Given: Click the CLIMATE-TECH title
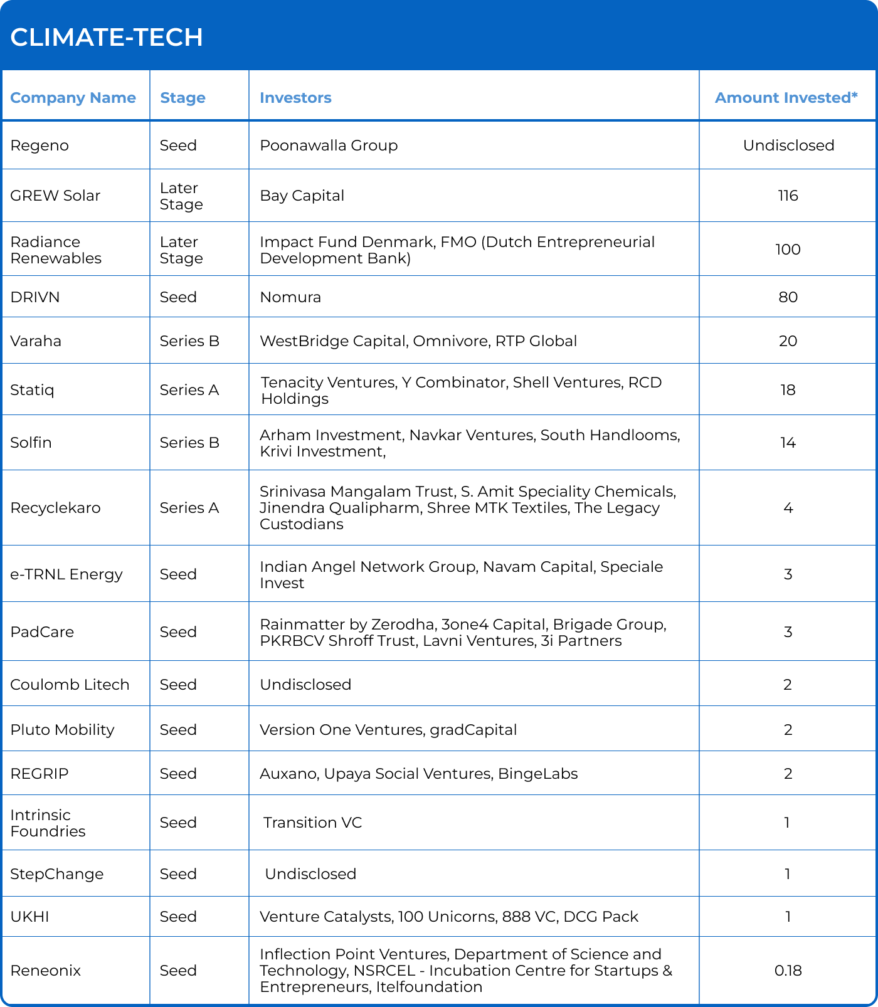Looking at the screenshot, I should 107,38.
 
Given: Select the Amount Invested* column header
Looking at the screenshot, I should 786,98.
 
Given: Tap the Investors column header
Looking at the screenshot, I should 295,98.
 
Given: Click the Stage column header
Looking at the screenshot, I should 182,98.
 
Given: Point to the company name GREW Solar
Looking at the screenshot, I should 55,196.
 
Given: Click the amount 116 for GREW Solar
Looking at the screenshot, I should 788,196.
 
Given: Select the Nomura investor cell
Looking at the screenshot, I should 290,297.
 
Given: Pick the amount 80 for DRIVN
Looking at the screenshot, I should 788,297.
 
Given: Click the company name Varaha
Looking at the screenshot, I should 36,341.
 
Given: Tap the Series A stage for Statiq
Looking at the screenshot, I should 189,390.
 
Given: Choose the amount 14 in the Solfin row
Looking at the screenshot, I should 788,443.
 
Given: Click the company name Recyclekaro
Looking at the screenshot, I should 55,508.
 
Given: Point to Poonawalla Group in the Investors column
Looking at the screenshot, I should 329,145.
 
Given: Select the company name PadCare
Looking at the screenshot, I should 42,632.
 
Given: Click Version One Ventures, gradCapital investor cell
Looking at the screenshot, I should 388,730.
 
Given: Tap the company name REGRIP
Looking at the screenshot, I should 40,774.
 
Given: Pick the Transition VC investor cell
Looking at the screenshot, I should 312,823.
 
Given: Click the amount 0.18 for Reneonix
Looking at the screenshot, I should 788,971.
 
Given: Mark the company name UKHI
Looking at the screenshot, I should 29,917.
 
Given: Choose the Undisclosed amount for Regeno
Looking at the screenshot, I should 788,145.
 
